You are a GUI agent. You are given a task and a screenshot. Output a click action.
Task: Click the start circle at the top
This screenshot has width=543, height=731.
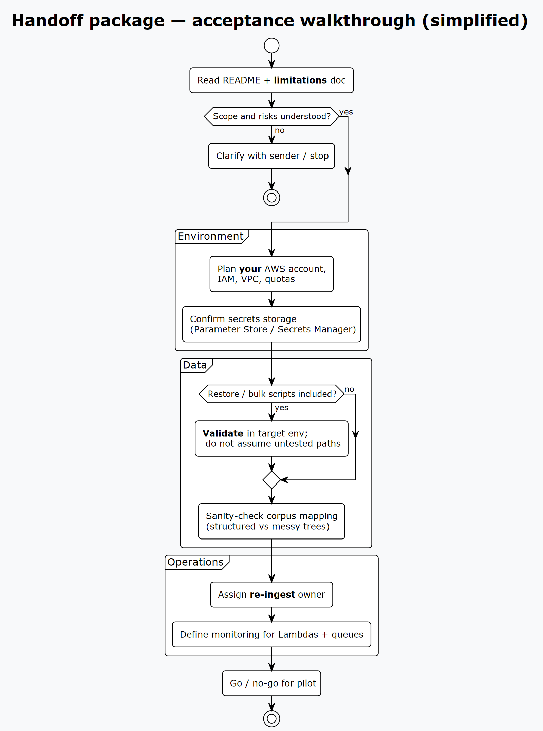(x=271, y=45)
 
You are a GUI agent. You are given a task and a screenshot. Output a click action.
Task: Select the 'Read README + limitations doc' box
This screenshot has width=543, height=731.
(x=271, y=80)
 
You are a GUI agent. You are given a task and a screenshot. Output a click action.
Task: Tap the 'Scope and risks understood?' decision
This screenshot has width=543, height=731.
(x=271, y=116)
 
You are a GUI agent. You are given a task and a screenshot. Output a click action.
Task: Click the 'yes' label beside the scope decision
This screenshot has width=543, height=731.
(x=346, y=112)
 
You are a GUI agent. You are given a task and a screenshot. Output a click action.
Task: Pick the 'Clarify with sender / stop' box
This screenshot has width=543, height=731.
(x=271, y=156)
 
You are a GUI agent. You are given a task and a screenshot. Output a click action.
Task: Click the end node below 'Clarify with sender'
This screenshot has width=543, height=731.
(x=271, y=198)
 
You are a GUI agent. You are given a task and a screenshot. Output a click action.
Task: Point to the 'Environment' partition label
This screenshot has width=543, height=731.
(x=210, y=236)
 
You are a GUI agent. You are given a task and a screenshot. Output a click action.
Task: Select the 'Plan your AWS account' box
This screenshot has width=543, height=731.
(x=271, y=274)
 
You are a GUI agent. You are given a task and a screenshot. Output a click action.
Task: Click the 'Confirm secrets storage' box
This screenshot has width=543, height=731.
(x=271, y=324)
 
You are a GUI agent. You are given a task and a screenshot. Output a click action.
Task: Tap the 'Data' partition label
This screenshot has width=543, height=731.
(x=195, y=365)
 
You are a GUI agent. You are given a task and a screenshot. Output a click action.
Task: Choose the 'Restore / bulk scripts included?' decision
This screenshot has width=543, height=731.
(x=271, y=394)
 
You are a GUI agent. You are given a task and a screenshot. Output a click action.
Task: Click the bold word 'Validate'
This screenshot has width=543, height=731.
(x=223, y=434)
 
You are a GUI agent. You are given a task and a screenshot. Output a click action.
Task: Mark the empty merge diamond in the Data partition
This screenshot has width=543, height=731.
(x=271, y=480)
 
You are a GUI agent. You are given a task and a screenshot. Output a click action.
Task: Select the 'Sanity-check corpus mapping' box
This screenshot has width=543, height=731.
(x=271, y=521)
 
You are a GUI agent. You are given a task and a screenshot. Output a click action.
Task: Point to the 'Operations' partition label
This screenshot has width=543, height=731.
(x=195, y=562)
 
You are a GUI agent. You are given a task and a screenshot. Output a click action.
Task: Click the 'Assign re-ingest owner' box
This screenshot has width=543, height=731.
(x=271, y=595)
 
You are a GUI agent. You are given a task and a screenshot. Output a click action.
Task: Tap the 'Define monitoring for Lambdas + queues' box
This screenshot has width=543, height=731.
(x=271, y=635)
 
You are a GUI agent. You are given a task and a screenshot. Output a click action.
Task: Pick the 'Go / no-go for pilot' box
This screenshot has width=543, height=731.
(x=271, y=683)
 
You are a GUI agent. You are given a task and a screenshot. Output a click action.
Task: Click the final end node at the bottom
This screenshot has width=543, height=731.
(x=271, y=718)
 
